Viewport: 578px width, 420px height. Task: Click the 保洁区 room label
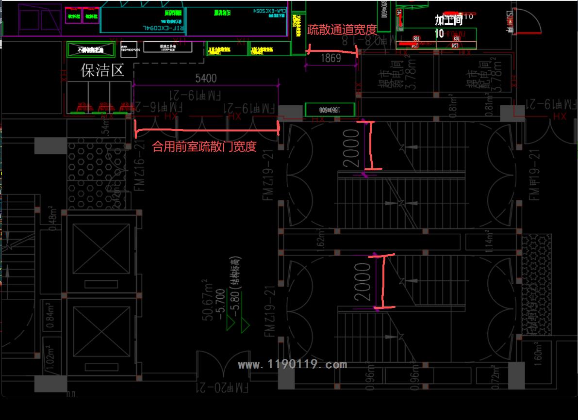(102, 71)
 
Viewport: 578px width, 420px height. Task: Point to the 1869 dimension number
(331, 59)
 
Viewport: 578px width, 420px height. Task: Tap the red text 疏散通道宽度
(342, 30)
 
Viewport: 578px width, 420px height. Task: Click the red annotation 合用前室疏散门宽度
(204, 147)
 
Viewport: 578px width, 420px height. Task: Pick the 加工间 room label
(448, 20)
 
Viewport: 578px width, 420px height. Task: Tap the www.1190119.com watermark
(293, 365)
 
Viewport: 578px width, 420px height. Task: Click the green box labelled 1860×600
(330, 109)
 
